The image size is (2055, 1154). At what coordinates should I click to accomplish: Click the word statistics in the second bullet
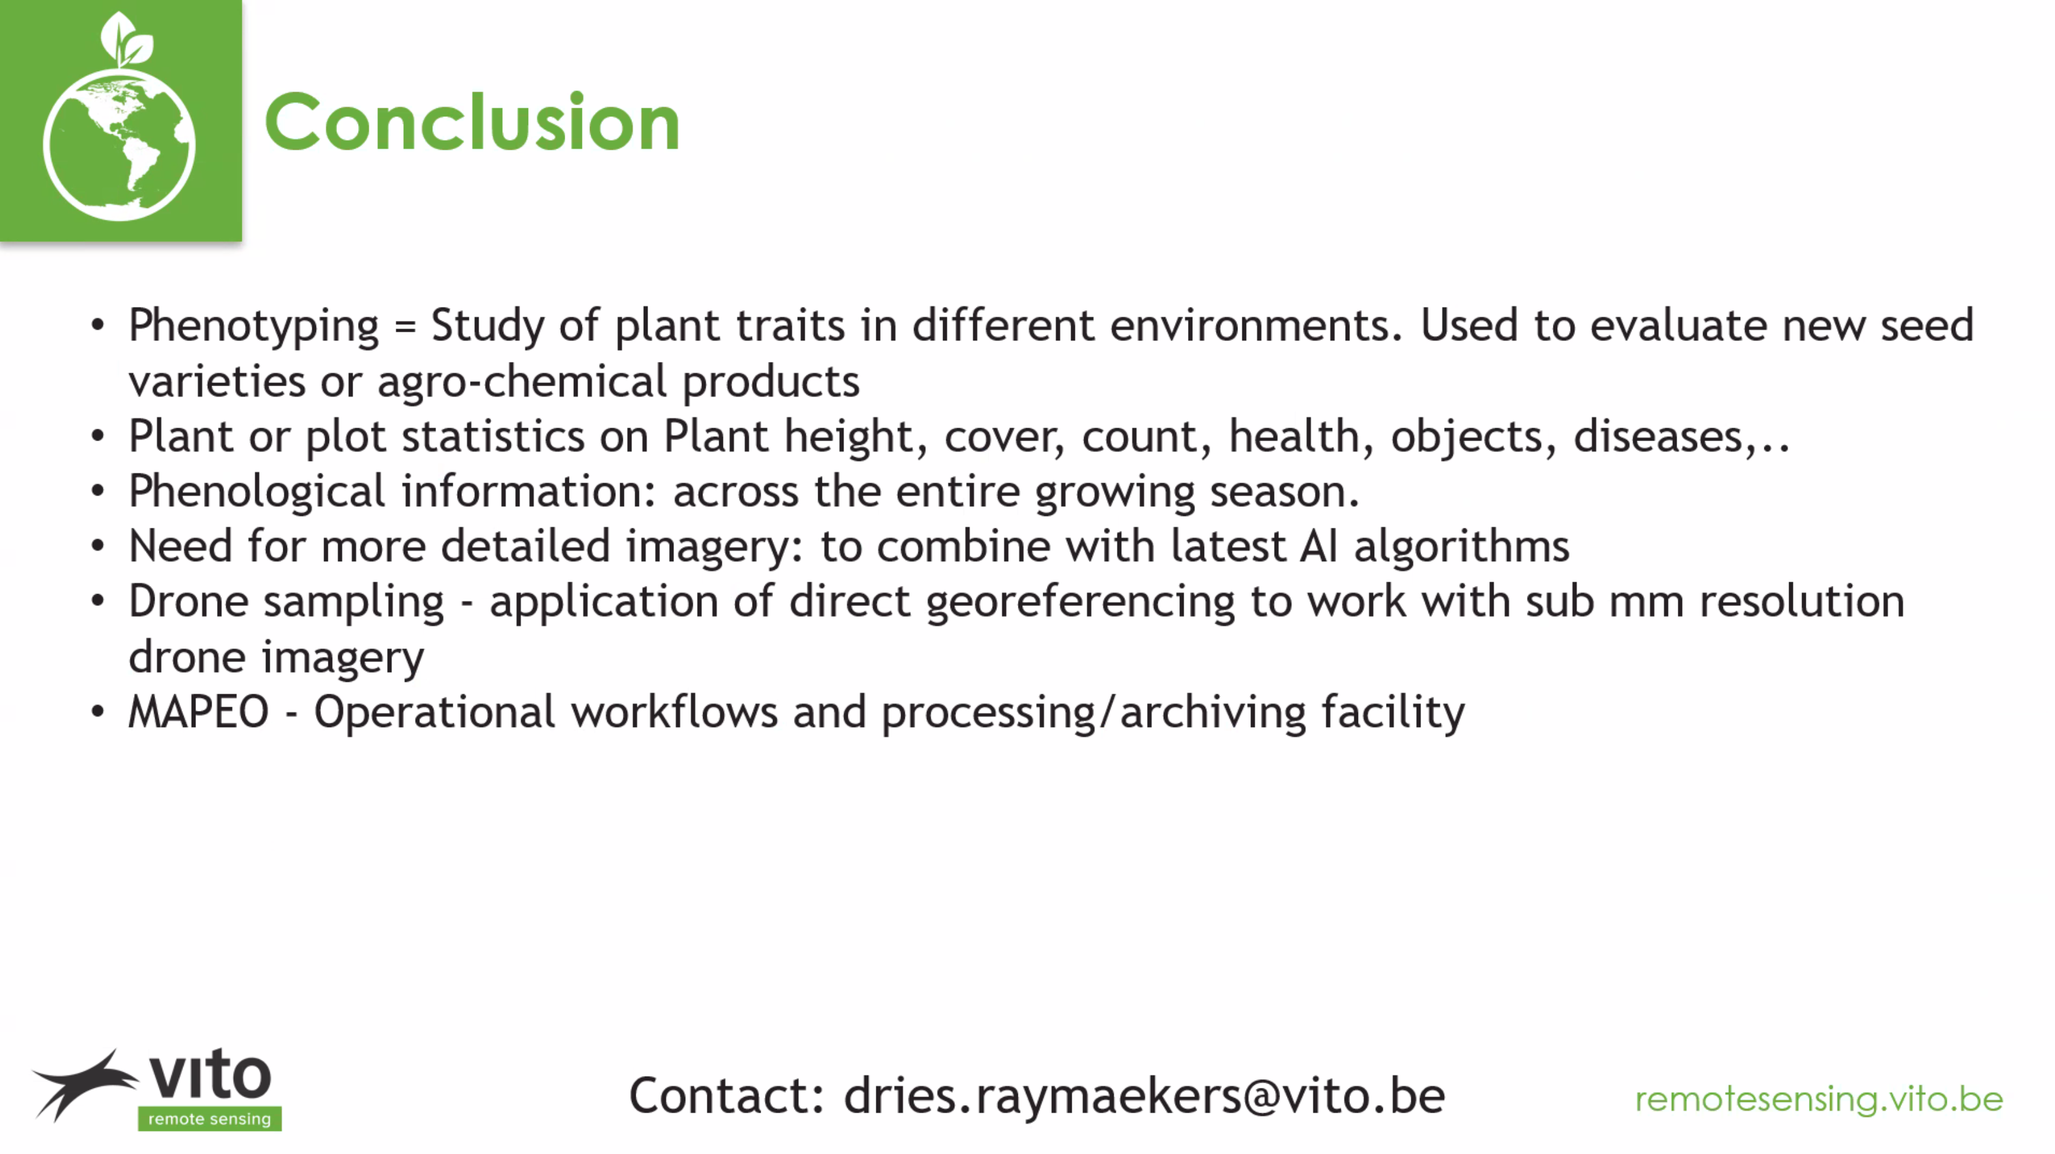coord(493,437)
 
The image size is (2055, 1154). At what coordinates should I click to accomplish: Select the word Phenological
coord(257,491)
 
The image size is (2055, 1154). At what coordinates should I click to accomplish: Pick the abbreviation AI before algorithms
coord(1318,546)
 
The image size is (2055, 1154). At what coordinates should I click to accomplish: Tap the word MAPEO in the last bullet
coord(199,712)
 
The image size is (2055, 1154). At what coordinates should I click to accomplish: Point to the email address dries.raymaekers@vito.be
coord(1144,1096)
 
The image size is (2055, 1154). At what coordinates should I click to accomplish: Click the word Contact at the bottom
coord(727,1096)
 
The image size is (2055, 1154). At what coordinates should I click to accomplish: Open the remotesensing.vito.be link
coord(1819,1100)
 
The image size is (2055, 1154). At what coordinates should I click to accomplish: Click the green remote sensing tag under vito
coord(210,1119)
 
